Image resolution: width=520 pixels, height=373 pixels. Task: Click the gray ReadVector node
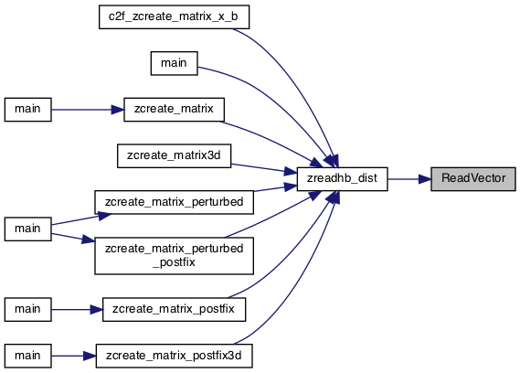473,179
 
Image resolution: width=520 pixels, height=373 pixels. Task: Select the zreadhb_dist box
342,179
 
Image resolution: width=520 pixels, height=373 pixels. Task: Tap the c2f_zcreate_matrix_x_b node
175,17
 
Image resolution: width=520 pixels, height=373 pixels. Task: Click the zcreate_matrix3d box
175,155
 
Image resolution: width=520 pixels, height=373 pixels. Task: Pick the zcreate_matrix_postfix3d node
175,356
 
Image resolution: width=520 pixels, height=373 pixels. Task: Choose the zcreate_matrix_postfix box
175,309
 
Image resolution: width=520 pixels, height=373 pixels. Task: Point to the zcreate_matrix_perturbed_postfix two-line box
175,256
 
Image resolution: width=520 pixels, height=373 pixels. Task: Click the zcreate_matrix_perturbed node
175,202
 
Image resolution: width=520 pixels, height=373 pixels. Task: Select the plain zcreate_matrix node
175,110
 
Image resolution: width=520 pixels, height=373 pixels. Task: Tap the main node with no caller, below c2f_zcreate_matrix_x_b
175,63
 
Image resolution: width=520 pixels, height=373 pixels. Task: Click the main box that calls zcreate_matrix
27,110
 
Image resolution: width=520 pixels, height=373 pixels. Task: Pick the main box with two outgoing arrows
27,229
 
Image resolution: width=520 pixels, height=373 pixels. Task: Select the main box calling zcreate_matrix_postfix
27,309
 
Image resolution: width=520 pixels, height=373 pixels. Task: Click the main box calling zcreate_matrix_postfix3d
27,356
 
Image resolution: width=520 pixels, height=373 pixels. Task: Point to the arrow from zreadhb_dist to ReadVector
409,179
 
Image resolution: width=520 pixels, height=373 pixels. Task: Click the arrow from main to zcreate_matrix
88,110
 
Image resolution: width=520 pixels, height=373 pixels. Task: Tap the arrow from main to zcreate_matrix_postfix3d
74,356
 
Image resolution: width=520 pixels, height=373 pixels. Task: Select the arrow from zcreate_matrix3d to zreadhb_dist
264,168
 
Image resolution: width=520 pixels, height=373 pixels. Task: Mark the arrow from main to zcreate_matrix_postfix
77,310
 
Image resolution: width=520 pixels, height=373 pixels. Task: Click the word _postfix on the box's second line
175,262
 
